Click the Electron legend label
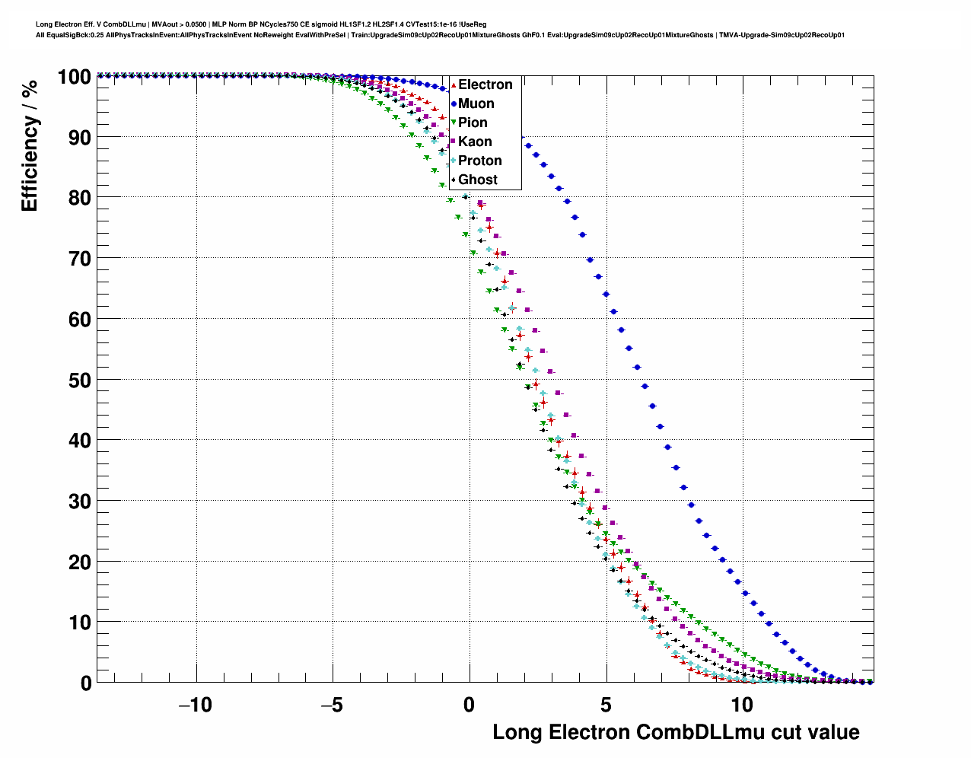click(485, 84)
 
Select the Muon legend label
click(476, 104)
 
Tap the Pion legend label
click(473, 123)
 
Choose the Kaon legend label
click(475, 142)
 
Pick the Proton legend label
click(479, 161)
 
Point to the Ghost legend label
click(477, 180)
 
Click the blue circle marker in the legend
click(454, 104)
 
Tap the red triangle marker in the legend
click(454, 84)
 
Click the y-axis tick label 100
click(75, 77)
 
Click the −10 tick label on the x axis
click(195, 705)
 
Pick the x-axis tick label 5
click(606, 705)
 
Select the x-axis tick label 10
click(742, 705)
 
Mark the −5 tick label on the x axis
click(332, 705)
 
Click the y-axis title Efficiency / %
click(29, 145)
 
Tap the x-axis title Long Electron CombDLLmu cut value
click(676, 732)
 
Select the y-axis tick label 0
click(87, 683)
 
